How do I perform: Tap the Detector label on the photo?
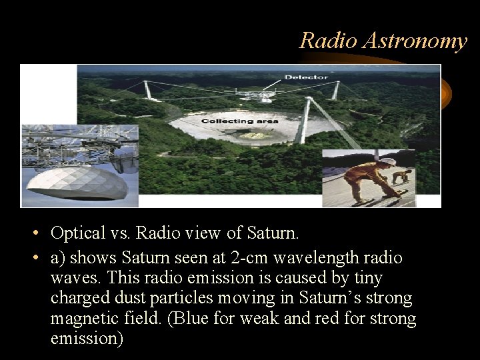pyautogui.click(x=306, y=77)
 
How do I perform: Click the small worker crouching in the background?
pyautogui.click(x=401, y=177)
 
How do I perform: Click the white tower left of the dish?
pyautogui.click(x=147, y=91)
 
